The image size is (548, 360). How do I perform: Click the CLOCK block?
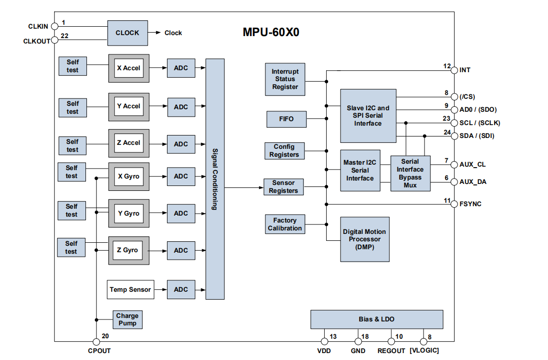(127, 33)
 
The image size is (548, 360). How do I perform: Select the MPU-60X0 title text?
(271, 33)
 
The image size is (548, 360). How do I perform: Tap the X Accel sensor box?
(129, 68)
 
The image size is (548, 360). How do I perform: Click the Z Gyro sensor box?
(128, 250)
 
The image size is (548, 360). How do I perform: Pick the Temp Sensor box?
(130, 289)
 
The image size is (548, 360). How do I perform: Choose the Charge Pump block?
(127, 319)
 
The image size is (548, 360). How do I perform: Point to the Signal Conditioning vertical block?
(214, 179)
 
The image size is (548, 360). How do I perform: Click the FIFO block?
(286, 119)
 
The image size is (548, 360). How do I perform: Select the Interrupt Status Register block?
(285, 79)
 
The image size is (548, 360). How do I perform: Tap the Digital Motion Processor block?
(364, 239)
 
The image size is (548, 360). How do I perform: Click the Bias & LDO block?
(377, 319)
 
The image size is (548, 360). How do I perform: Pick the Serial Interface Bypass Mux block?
(410, 173)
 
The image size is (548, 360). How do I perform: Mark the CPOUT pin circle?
(96, 341)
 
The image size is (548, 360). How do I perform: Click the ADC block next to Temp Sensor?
(181, 289)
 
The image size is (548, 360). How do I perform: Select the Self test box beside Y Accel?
(73, 107)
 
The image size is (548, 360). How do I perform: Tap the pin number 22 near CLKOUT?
(65, 36)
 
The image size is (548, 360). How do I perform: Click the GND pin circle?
(358, 341)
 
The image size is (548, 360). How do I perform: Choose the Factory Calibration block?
(285, 224)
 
